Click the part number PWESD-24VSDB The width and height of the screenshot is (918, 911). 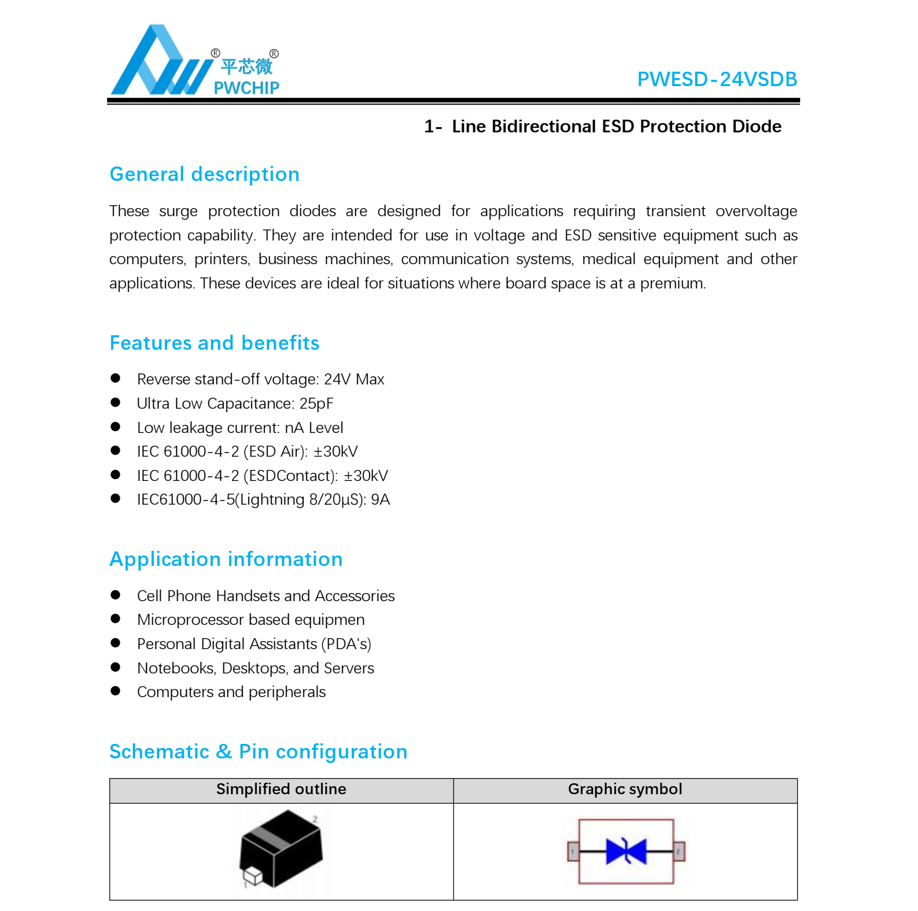[717, 79]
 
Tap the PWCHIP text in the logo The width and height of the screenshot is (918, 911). [246, 88]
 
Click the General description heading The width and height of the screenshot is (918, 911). [204, 174]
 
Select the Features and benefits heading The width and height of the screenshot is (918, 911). [214, 343]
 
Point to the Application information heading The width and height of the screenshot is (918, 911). [226, 559]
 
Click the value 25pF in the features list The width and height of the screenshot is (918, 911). [316, 403]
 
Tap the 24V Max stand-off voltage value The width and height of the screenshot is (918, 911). [354, 379]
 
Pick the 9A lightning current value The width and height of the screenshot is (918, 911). [380, 499]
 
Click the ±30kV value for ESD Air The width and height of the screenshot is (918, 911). [336, 451]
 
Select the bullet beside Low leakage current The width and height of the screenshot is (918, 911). [116, 427]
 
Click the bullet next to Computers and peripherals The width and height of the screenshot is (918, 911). [116, 691]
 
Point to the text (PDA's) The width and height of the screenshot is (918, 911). [346, 644]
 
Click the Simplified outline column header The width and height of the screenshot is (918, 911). [281, 789]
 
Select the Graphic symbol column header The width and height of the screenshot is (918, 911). [625, 789]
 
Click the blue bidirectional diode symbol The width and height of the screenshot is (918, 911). [626, 851]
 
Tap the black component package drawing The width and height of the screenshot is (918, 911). [282, 848]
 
